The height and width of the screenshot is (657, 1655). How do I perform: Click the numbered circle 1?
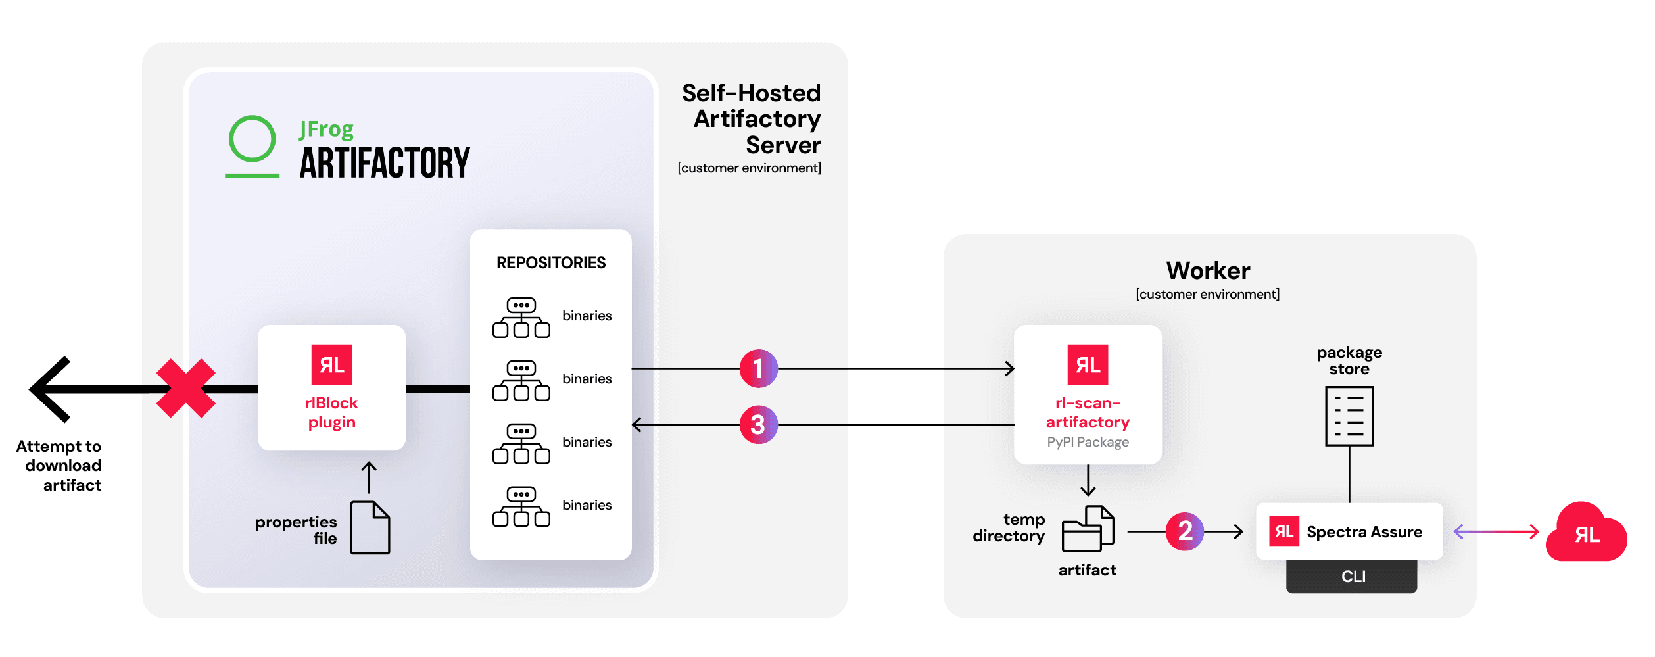pos(758,368)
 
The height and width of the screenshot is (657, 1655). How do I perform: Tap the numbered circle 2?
pos(1184,531)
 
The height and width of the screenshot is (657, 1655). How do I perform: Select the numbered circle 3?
pos(758,425)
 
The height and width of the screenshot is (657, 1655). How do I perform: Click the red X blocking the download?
pos(186,388)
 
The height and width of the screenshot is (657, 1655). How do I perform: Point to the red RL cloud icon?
pos(1586,533)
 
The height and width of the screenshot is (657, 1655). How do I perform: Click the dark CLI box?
pos(1352,577)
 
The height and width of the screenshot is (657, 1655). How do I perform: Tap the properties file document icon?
pos(370,527)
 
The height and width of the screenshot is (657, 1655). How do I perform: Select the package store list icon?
pos(1349,416)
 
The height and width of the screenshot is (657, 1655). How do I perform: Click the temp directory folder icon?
pos(1088,529)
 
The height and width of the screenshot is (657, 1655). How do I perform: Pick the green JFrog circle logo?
pos(252,139)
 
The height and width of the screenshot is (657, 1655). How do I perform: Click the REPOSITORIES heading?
pos(550,263)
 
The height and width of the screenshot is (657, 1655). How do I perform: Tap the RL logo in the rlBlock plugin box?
pos(331,364)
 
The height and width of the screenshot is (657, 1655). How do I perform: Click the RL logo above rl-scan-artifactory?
pos(1087,364)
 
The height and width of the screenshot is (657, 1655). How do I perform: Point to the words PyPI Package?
pos(1088,443)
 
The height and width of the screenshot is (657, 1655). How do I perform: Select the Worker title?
pos(1208,271)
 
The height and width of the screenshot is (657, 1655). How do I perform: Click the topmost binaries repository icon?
pos(521,318)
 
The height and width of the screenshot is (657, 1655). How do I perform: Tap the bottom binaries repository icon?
pos(521,507)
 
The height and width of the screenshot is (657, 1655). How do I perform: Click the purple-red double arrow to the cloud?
pos(1496,531)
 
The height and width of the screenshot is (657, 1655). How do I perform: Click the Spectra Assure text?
pos(1364,532)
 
